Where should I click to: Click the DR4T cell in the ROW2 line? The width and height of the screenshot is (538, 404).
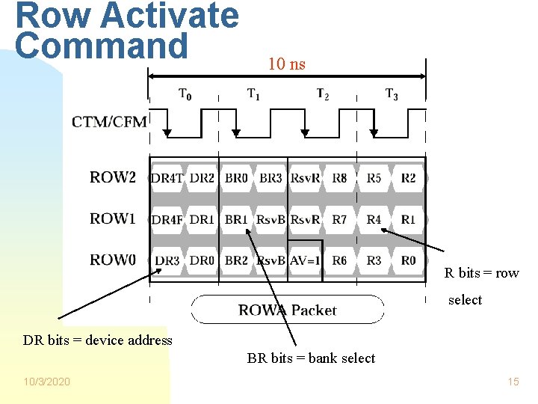pyautogui.click(x=167, y=178)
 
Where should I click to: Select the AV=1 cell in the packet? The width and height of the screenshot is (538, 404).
pyautogui.click(x=305, y=261)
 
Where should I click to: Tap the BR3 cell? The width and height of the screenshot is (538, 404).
pyautogui.click(x=270, y=178)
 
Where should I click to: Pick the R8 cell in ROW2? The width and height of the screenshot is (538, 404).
pyautogui.click(x=339, y=178)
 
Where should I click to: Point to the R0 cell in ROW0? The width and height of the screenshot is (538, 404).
pyautogui.click(x=408, y=261)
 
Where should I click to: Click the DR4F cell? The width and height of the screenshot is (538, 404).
pyautogui.click(x=167, y=219)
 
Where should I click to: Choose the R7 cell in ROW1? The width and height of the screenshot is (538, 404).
pyautogui.click(x=339, y=219)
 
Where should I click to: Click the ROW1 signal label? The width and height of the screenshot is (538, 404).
pyautogui.click(x=113, y=218)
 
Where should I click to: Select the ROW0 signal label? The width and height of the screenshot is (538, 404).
pyautogui.click(x=113, y=260)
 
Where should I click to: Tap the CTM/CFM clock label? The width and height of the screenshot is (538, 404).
pyautogui.click(x=109, y=122)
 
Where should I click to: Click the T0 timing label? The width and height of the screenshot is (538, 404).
pyautogui.click(x=185, y=94)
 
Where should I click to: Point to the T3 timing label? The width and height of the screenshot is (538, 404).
pyautogui.click(x=392, y=94)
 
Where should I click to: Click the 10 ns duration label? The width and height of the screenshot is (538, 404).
pyautogui.click(x=287, y=64)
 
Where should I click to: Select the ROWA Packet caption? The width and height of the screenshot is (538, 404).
pyautogui.click(x=288, y=310)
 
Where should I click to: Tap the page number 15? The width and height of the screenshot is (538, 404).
pyautogui.click(x=513, y=382)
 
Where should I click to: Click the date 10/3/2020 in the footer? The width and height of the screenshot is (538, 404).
pyautogui.click(x=47, y=382)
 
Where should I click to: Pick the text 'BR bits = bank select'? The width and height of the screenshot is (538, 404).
pyautogui.click(x=311, y=358)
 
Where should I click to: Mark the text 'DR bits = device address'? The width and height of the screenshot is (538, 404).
pyautogui.click(x=97, y=340)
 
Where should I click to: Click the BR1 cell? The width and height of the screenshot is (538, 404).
pyautogui.click(x=236, y=219)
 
